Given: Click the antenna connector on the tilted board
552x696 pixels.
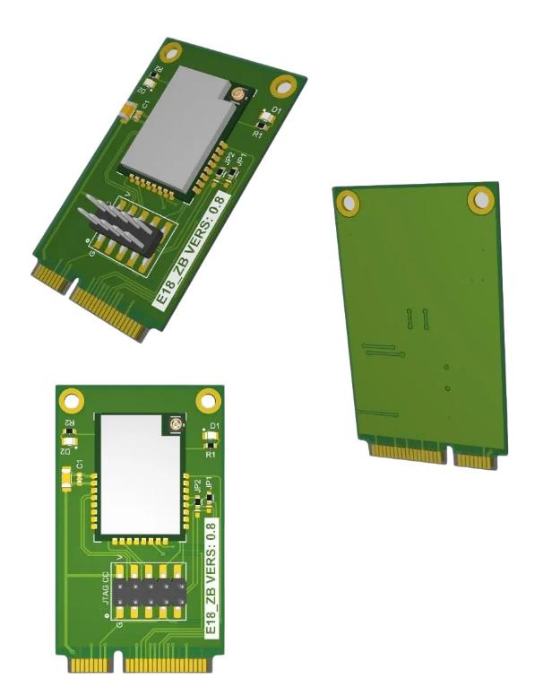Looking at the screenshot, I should (239, 92).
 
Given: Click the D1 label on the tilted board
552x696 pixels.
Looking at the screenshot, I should (277, 112).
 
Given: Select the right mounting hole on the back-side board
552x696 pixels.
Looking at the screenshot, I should (480, 199).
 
